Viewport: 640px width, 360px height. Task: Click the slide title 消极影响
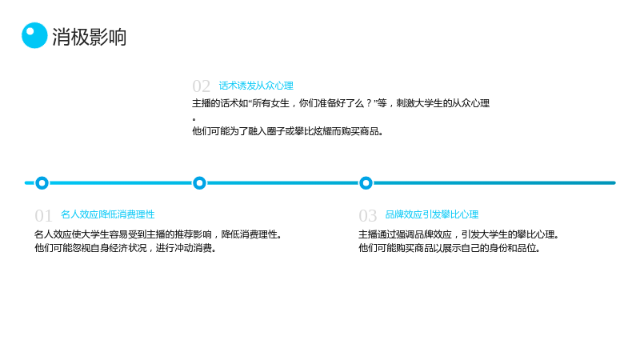[x=90, y=37]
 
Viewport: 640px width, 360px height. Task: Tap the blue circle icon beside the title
[x=34, y=35]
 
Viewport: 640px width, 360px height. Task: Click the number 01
[x=43, y=215]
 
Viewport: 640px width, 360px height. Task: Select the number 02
[x=202, y=86]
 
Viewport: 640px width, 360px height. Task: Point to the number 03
[x=368, y=215]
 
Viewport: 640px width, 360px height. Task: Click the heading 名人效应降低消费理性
[x=108, y=214]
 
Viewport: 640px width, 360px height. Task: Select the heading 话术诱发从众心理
[x=256, y=86]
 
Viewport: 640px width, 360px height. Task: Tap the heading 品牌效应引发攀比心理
[x=432, y=214]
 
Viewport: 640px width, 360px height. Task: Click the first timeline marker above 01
[x=42, y=183]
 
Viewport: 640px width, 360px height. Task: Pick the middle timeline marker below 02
[x=199, y=183]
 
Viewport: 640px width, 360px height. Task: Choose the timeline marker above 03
[x=366, y=183]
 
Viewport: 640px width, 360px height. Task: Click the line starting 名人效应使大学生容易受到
[x=158, y=234]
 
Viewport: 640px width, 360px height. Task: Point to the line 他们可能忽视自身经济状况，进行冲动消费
[x=126, y=248]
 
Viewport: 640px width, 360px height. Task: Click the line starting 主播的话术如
[x=341, y=103]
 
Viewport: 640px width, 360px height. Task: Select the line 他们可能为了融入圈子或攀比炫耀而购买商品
[x=288, y=131]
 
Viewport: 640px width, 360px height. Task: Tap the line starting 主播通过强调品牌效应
[x=458, y=234]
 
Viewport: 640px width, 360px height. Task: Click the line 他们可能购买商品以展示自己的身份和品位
[x=450, y=248]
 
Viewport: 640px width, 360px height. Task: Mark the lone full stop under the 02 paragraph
[x=194, y=119]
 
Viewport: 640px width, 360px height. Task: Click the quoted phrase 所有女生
[x=270, y=103]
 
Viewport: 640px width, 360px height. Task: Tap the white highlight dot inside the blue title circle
[x=30, y=31]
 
